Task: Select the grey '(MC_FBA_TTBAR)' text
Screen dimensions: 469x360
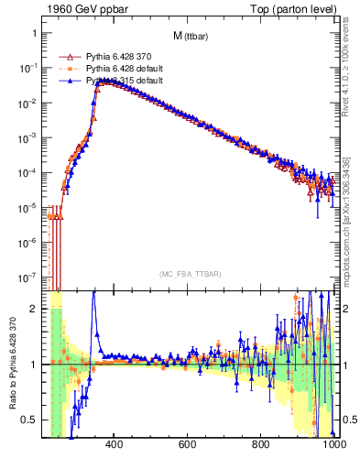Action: (189, 274)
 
